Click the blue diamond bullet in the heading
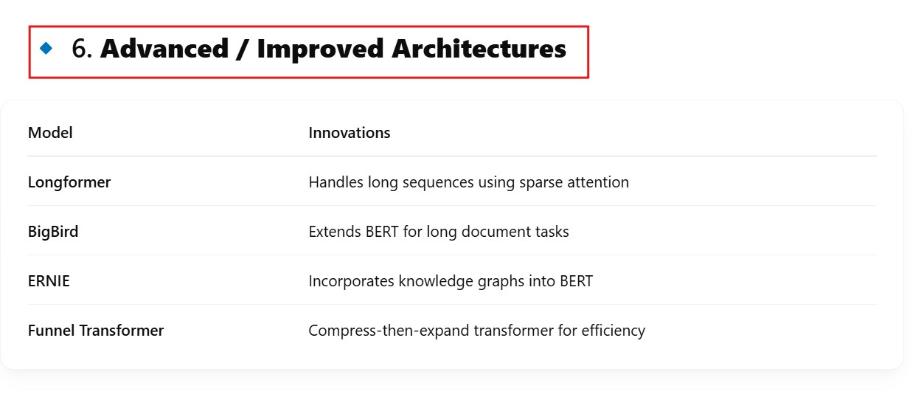click(x=46, y=48)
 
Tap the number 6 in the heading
click(x=80, y=49)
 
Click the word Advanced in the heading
click(x=164, y=49)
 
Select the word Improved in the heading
click(x=320, y=49)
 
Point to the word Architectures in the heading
click(x=479, y=49)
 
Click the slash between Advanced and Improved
click(x=243, y=49)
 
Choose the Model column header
click(x=50, y=133)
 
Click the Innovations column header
click(x=350, y=133)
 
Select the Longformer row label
click(x=69, y=182)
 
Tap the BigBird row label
click(x=53, y=232)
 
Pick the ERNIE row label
click(x=49, y=281)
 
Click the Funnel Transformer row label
click(x=96, y=331)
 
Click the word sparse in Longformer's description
click(x=541, y=183)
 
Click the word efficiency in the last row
click(x=614, y=331)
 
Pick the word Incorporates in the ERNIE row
click(x=352, y=282)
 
